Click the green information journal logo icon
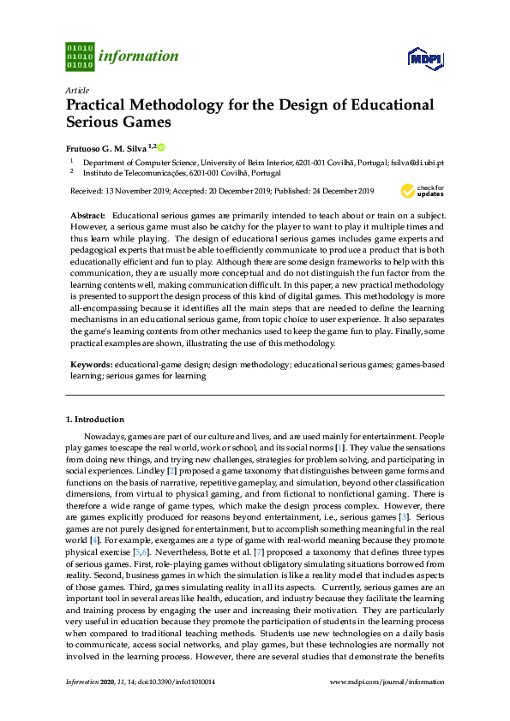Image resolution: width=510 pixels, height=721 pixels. tap(80, 57)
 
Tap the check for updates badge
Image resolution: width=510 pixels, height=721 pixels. tap(429, 189)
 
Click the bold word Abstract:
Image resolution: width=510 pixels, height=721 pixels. tap(88, 214)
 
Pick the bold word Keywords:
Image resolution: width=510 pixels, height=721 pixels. tap(93, 364)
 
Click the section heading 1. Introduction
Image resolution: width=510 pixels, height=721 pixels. tap(95, 420)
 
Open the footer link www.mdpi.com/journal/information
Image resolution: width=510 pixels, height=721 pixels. tap(387, 682)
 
